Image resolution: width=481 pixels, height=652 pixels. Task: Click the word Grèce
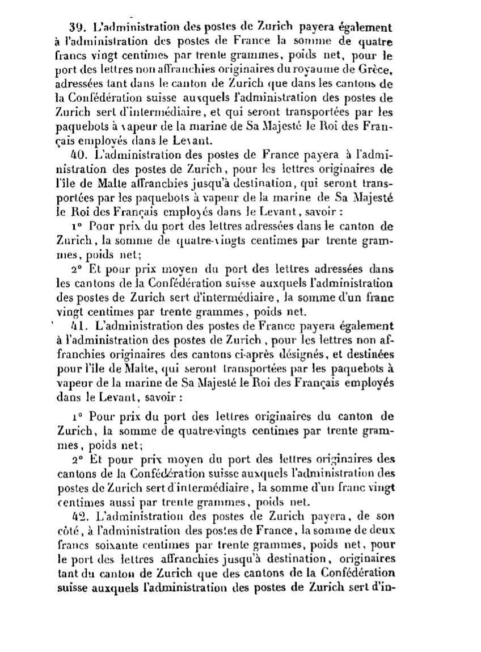tap(375, 70)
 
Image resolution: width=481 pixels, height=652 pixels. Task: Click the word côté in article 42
tap(69, 531)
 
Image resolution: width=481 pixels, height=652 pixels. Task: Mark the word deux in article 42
tap(378, 531)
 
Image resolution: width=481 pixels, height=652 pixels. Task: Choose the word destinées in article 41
tap(370, 355)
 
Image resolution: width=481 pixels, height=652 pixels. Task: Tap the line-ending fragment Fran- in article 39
tap(378, 126)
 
